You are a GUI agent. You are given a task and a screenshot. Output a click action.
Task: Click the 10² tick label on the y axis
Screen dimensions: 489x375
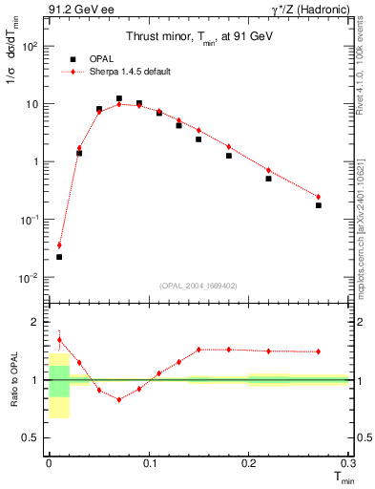coord(29,46)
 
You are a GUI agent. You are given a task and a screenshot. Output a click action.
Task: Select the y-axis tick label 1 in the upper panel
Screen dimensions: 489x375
coord(34,161)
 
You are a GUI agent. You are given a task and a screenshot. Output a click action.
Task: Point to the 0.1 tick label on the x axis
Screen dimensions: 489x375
coord(149,463)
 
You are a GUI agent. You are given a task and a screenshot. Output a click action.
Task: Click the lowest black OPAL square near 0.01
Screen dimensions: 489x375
coord(59,257)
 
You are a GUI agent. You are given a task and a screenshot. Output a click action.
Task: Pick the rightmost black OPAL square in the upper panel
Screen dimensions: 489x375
coord(319,205)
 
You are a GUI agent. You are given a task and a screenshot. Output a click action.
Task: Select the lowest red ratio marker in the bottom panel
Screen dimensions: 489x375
coord(119,399)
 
